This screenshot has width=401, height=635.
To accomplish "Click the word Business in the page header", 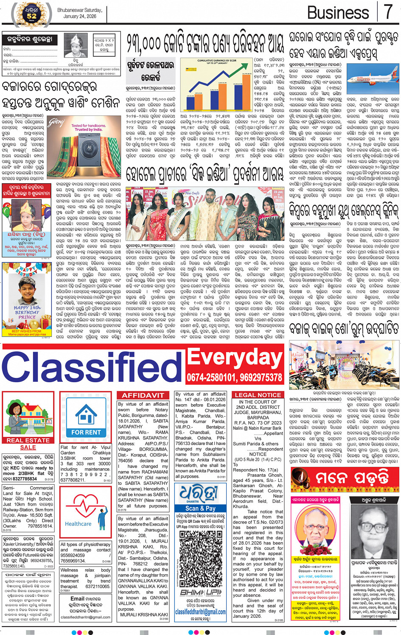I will (338, 13).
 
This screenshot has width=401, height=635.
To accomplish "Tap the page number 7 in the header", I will (388, 12).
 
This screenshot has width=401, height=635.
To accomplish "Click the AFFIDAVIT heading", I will (143, 395).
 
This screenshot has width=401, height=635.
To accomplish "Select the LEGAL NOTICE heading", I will (258, 395).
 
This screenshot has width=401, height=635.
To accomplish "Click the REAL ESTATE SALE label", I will (28, 444).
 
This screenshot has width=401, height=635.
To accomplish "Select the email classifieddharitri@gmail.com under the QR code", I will (200, 612).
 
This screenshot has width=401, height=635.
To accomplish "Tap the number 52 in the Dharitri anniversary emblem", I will (32, 16).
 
